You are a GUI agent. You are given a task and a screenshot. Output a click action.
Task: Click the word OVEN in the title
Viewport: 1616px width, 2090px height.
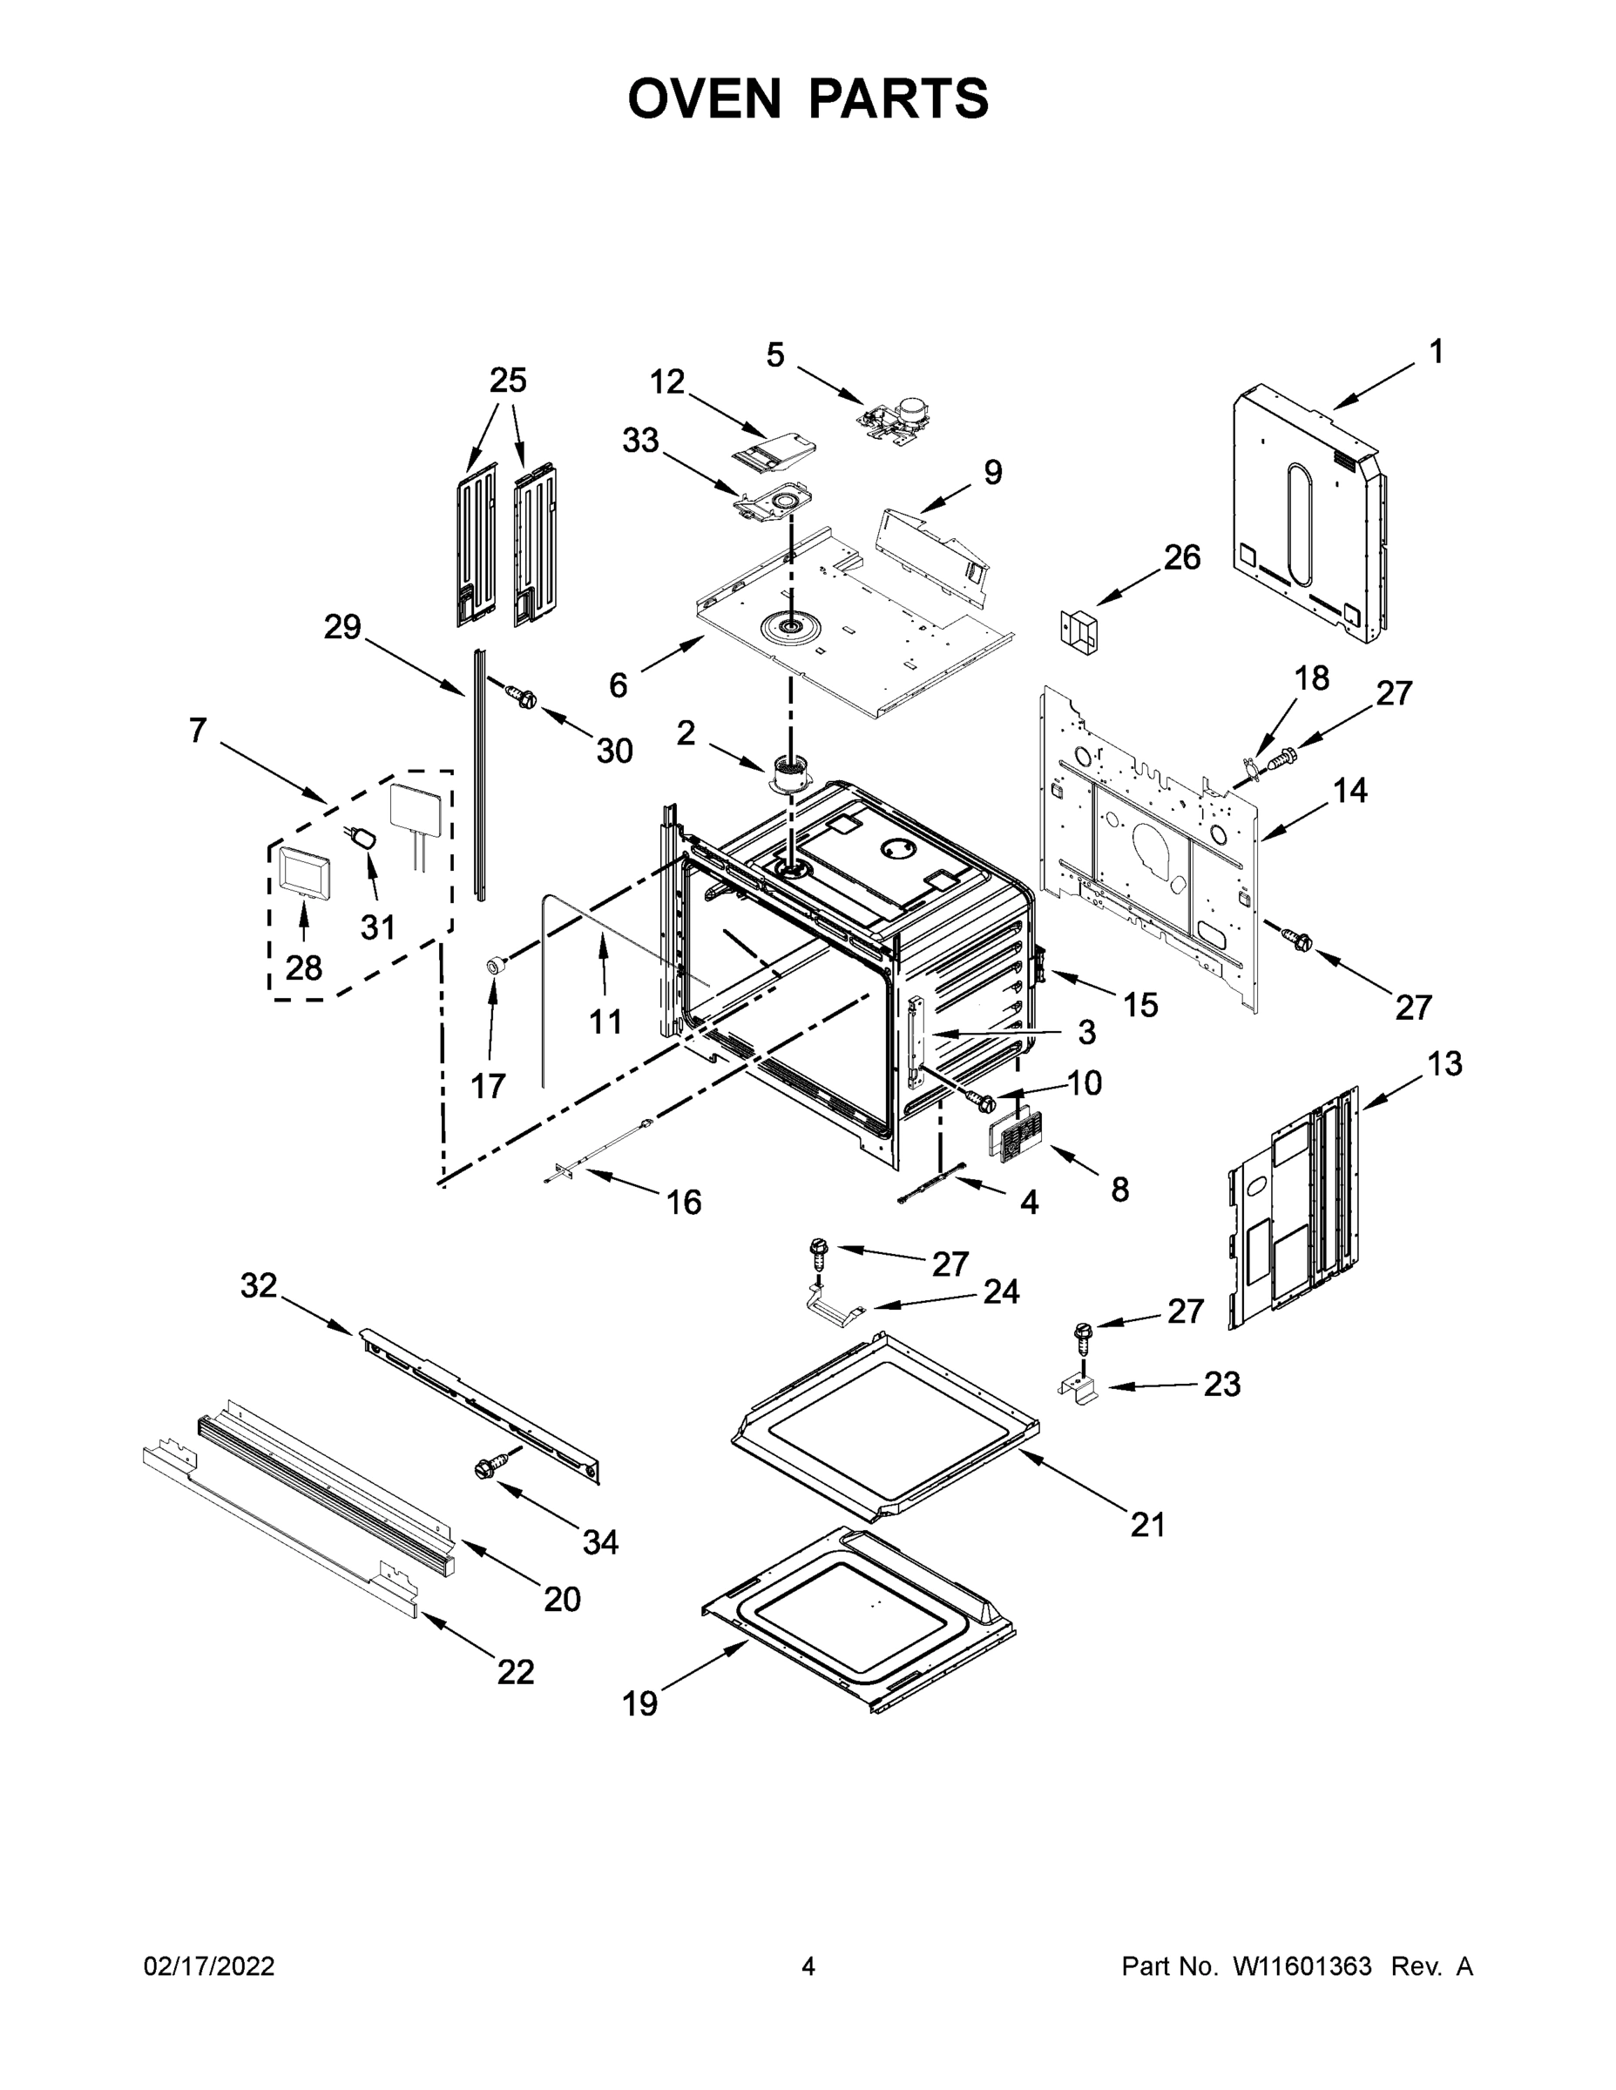(x=704, y=98)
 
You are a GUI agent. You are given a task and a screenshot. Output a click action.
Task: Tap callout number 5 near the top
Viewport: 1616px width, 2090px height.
(x=774, y=355)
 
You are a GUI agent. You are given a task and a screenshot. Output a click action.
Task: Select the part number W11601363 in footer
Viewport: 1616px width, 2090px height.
(x=1302, y=1966)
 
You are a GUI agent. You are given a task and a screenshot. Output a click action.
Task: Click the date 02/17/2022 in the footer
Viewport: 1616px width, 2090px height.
(x=209, y=1966)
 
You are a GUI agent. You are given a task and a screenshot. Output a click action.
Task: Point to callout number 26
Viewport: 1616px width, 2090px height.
(x=1181, y=557)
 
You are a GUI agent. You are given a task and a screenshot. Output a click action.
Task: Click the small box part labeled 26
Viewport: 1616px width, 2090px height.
(x=1078, y=630)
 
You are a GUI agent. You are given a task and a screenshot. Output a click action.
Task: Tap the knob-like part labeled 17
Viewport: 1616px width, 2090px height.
(x=496, y=965)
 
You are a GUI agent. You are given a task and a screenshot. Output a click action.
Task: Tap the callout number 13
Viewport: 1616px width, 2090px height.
(x=1444, y=1063)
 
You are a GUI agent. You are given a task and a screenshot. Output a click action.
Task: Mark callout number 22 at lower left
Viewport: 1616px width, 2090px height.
(x=515, y=1671)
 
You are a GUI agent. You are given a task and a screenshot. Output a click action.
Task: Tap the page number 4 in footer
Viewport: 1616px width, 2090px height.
(x=807, y=1966)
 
